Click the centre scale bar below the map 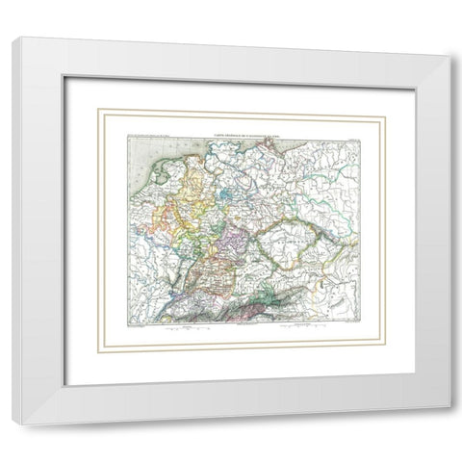pos(241,327)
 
